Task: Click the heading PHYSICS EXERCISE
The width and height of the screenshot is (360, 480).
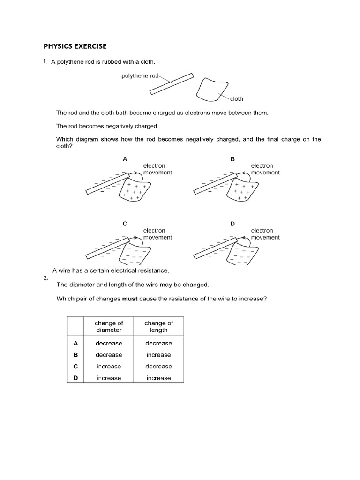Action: click(75, 46)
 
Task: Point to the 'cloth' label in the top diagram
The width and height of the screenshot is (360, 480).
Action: click(237, 99)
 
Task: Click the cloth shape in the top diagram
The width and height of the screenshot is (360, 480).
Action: click(211, 89)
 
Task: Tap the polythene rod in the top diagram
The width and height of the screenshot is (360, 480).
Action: click(172, 84)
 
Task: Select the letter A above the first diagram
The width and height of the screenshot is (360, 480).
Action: click(125, 159)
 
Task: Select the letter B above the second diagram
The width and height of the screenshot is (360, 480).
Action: click(232, 159)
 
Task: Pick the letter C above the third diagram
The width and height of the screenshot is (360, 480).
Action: click(125, 224)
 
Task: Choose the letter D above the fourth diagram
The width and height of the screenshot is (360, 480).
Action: click(232, 224)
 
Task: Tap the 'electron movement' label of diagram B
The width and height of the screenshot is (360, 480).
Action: click(265, 169)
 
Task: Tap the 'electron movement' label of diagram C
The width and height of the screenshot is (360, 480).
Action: click(157, 234)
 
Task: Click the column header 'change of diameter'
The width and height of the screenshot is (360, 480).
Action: click(109, 326)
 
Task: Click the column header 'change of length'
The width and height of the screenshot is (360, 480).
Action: click(158, 326)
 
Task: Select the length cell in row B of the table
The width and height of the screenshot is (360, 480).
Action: click(158, 355)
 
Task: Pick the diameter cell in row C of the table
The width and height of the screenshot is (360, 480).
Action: click(109, 367)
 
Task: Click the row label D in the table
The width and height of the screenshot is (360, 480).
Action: click(75, 378)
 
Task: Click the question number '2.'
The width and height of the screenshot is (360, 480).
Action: click(46, 277)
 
